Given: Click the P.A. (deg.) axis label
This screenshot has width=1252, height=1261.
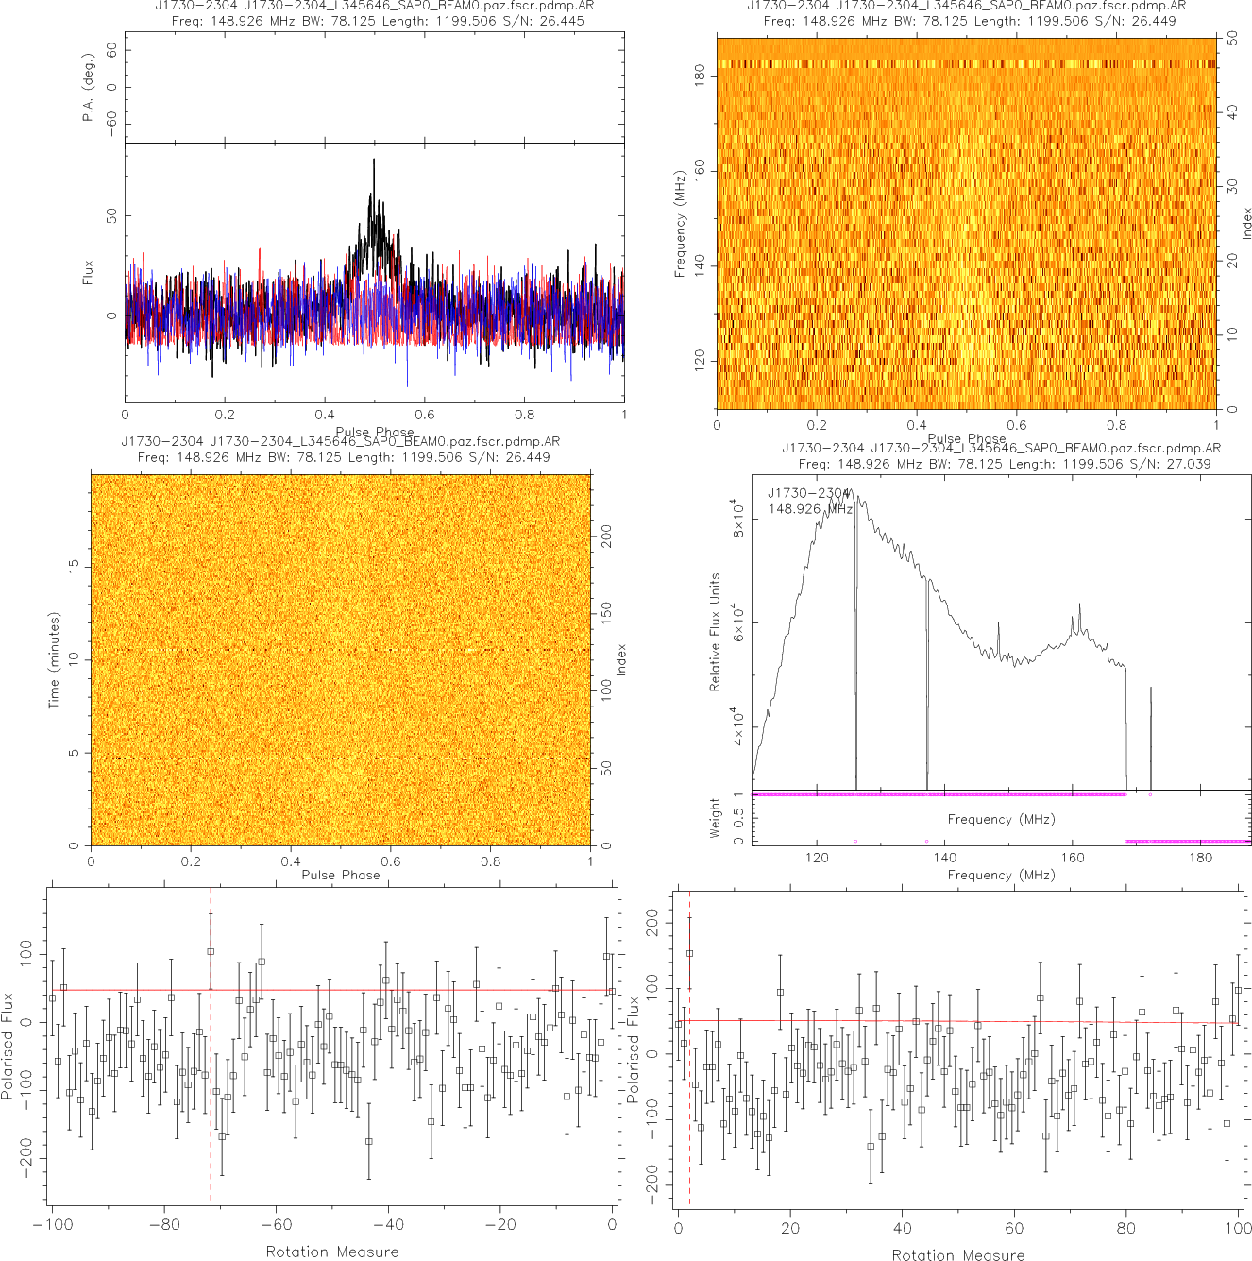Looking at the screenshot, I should point(89,87).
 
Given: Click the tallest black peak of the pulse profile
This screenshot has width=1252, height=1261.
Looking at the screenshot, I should point(374,161).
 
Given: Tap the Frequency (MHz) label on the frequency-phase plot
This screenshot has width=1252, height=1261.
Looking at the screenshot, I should point(679,224).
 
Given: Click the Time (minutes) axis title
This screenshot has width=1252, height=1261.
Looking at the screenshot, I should point(54,660).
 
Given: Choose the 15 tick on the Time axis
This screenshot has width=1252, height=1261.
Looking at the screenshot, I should point(74,566).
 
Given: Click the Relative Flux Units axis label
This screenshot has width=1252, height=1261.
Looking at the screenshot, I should point(715,632).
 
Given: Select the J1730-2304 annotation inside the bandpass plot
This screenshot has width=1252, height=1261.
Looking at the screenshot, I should point(808,493).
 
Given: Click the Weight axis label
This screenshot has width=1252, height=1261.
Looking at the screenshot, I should point(715,817).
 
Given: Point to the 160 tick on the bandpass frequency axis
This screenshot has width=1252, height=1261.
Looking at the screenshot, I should point(1073,858).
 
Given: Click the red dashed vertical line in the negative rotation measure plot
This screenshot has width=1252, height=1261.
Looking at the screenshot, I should point(211,1086).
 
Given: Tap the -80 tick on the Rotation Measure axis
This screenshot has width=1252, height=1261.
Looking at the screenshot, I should point(164,1225).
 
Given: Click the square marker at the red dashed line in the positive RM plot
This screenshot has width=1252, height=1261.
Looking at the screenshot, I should point(689,954).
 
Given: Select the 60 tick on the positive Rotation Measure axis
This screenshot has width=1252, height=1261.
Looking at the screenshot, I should point(1014,1229).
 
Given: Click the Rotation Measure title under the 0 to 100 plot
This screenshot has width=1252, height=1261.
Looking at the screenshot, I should point(958,1254).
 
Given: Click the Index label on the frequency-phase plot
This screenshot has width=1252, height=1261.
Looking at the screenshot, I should point(1246,224).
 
